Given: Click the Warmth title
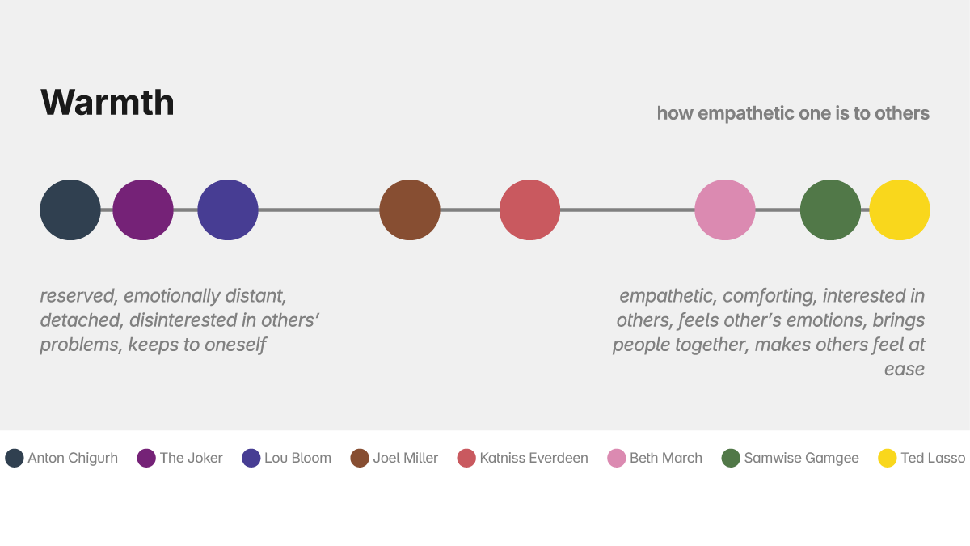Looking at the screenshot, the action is point(108,103).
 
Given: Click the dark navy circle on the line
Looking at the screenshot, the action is point(70,210).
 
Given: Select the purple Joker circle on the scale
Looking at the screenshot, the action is point(143,210).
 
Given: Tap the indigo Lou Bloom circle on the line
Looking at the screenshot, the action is point(228,210).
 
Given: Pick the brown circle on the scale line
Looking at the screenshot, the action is point(410,210).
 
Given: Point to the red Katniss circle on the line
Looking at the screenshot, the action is point(529,210).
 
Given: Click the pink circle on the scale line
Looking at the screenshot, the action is point(725,210).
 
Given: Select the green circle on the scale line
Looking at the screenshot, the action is point(830,210).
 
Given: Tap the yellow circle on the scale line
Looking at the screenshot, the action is point(900,210).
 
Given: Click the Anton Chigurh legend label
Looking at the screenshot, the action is point(73,458).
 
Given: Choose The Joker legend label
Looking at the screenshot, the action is point(191,458).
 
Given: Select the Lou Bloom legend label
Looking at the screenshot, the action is point(297,458).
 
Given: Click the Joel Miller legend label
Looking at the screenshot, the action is point(405,458).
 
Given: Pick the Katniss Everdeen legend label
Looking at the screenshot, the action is point(533,458).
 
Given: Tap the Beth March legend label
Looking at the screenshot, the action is point(666,458).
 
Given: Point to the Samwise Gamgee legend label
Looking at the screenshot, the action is point(801,458).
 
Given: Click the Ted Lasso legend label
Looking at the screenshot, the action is point(933,458).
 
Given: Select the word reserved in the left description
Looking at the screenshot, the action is point(76,296).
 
